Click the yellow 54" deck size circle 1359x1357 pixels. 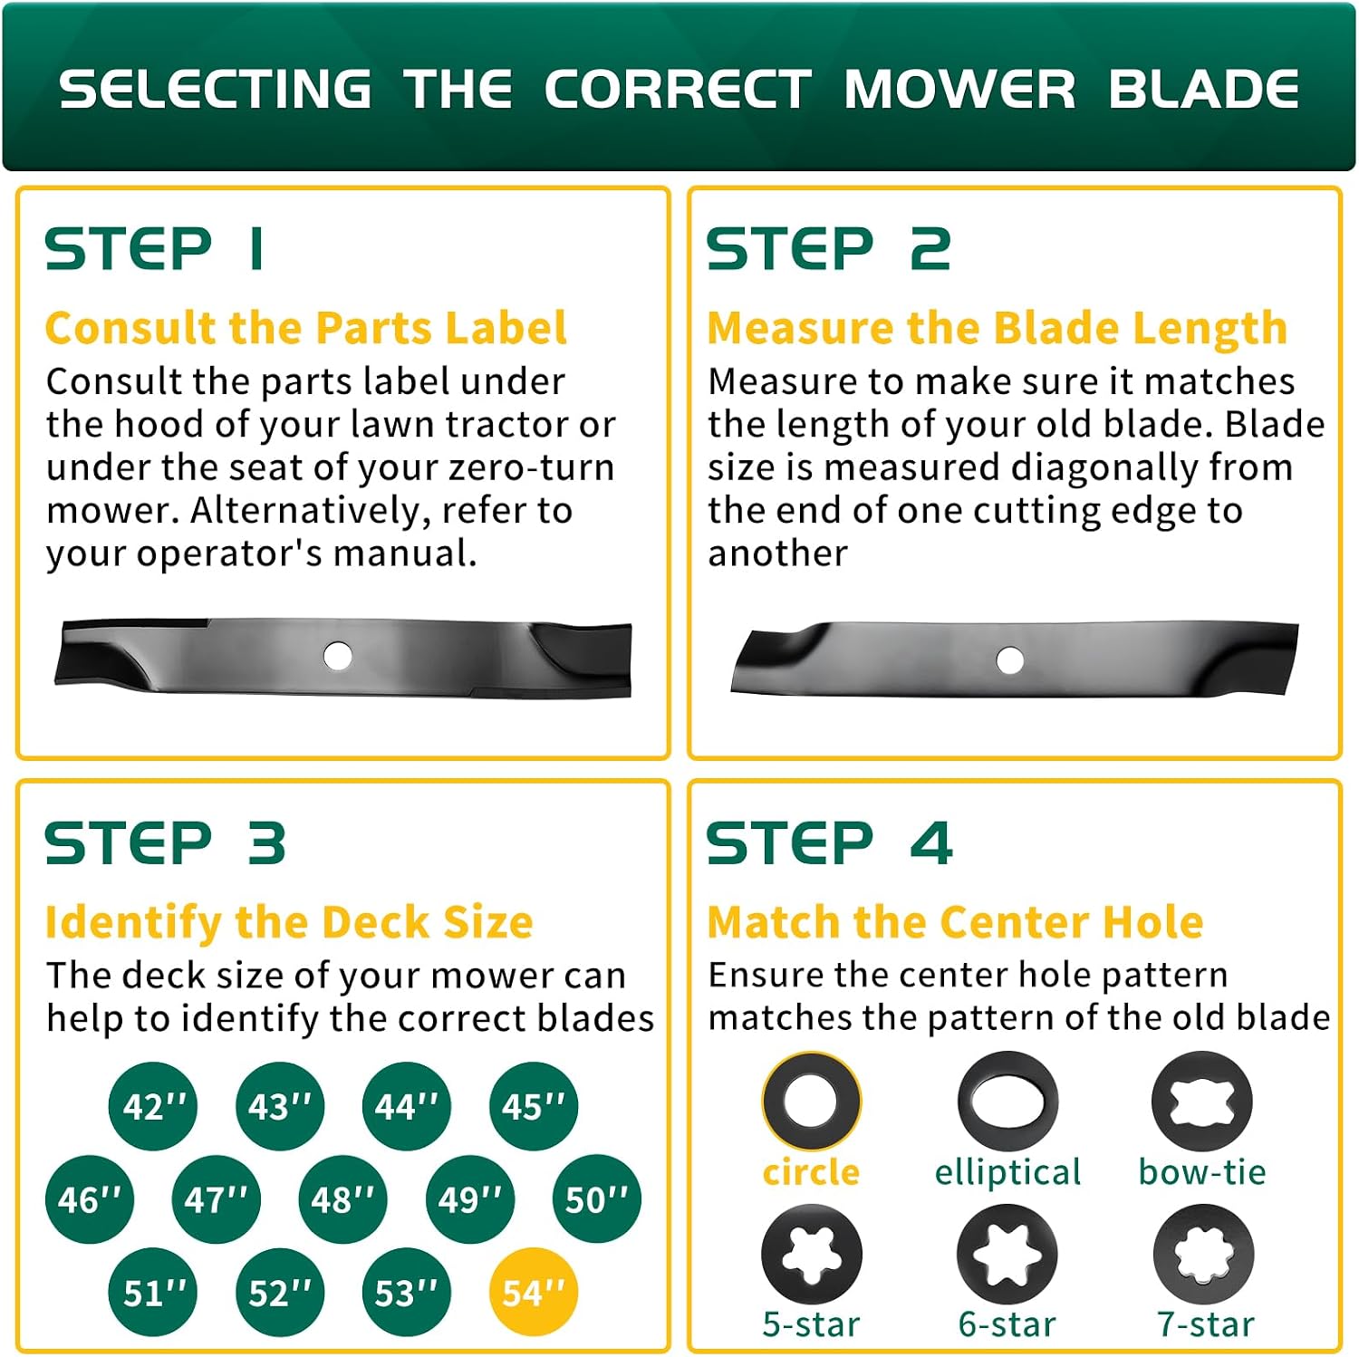pos(534,1292)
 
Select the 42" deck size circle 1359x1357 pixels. pos(153,1106)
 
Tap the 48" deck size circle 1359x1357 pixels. pos(342,1199)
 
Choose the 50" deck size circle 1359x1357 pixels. pos(596,1199)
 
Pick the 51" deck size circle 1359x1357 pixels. pos(153,1292)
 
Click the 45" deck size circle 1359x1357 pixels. pos(534,1106)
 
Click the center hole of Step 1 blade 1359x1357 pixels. pos(338,656)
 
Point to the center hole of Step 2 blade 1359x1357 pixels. pos(1009,659)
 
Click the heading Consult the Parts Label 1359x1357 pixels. pos(306,328)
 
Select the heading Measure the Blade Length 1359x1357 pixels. pos(998,329)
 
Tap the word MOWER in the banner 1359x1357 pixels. pos(960,89)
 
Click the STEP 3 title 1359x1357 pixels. pos(166,843)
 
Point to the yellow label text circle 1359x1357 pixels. pos(811,1172)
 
